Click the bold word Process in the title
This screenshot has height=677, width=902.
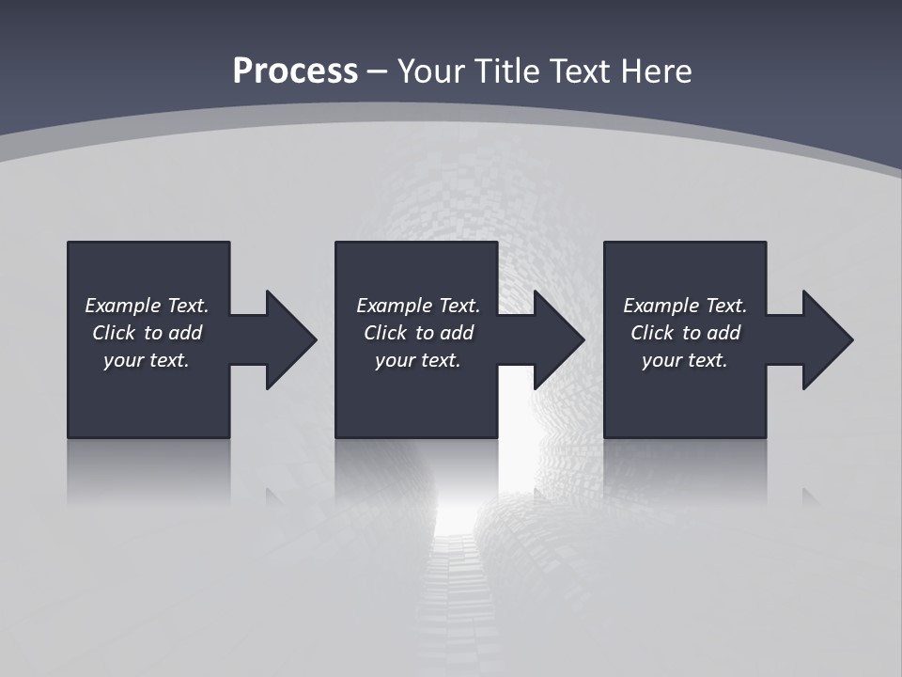295,71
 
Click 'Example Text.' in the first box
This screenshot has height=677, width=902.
147,306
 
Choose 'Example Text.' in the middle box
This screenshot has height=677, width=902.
418,306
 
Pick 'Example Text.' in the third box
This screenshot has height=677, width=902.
685,306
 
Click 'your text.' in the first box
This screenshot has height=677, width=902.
147,360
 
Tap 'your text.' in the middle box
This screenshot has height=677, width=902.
418,360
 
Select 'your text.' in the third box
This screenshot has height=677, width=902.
685,360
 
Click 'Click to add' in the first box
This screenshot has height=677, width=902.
147,333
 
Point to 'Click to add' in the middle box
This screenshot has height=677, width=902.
418,333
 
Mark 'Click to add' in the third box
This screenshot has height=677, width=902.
685,333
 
